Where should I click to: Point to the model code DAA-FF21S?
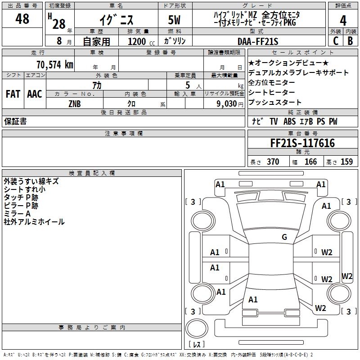[258, 41]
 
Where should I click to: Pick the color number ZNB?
[75, 103]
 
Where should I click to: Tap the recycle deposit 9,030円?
[225, 103]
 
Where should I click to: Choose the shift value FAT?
[13, 94]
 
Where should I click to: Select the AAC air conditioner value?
[35, 94]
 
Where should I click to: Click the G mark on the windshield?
[284, 237]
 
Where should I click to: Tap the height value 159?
[346, 162]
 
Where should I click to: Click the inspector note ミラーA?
[17, 213]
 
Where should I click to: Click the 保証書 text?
[15, 121]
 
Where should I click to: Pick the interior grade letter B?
[350, 41]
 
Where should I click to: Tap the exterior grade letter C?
[335, 41]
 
